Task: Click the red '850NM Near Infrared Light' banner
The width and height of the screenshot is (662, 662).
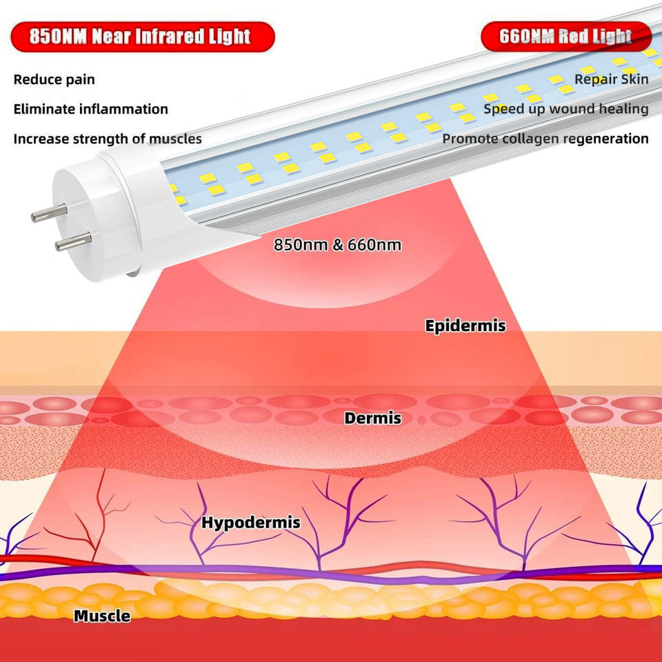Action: coord(141,36)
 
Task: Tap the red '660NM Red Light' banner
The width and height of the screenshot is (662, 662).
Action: coord(565,36)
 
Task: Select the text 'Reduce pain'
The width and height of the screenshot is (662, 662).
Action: coord(54,79)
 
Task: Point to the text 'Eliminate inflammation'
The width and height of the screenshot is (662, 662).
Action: coord(90,109)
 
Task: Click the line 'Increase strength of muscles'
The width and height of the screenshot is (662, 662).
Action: coord(108,139)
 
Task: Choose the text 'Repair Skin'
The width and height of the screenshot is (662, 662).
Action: coord(611,79)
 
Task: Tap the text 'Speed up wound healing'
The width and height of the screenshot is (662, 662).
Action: coord(565,109)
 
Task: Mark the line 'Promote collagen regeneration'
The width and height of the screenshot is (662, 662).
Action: coord(545,139)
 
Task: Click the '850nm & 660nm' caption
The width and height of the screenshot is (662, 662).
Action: coord(337,245)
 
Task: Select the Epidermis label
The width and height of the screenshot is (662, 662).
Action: coord(465,325)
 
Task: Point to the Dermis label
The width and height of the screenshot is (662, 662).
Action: coord(372,417)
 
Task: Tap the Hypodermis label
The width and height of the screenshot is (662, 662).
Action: coord(250,523)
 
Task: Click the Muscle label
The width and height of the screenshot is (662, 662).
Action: coord(102,616)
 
